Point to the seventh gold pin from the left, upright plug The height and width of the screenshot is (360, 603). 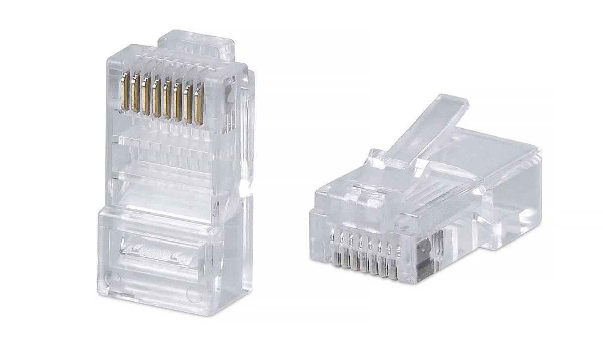pyautogui.click(x=188, y=103)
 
